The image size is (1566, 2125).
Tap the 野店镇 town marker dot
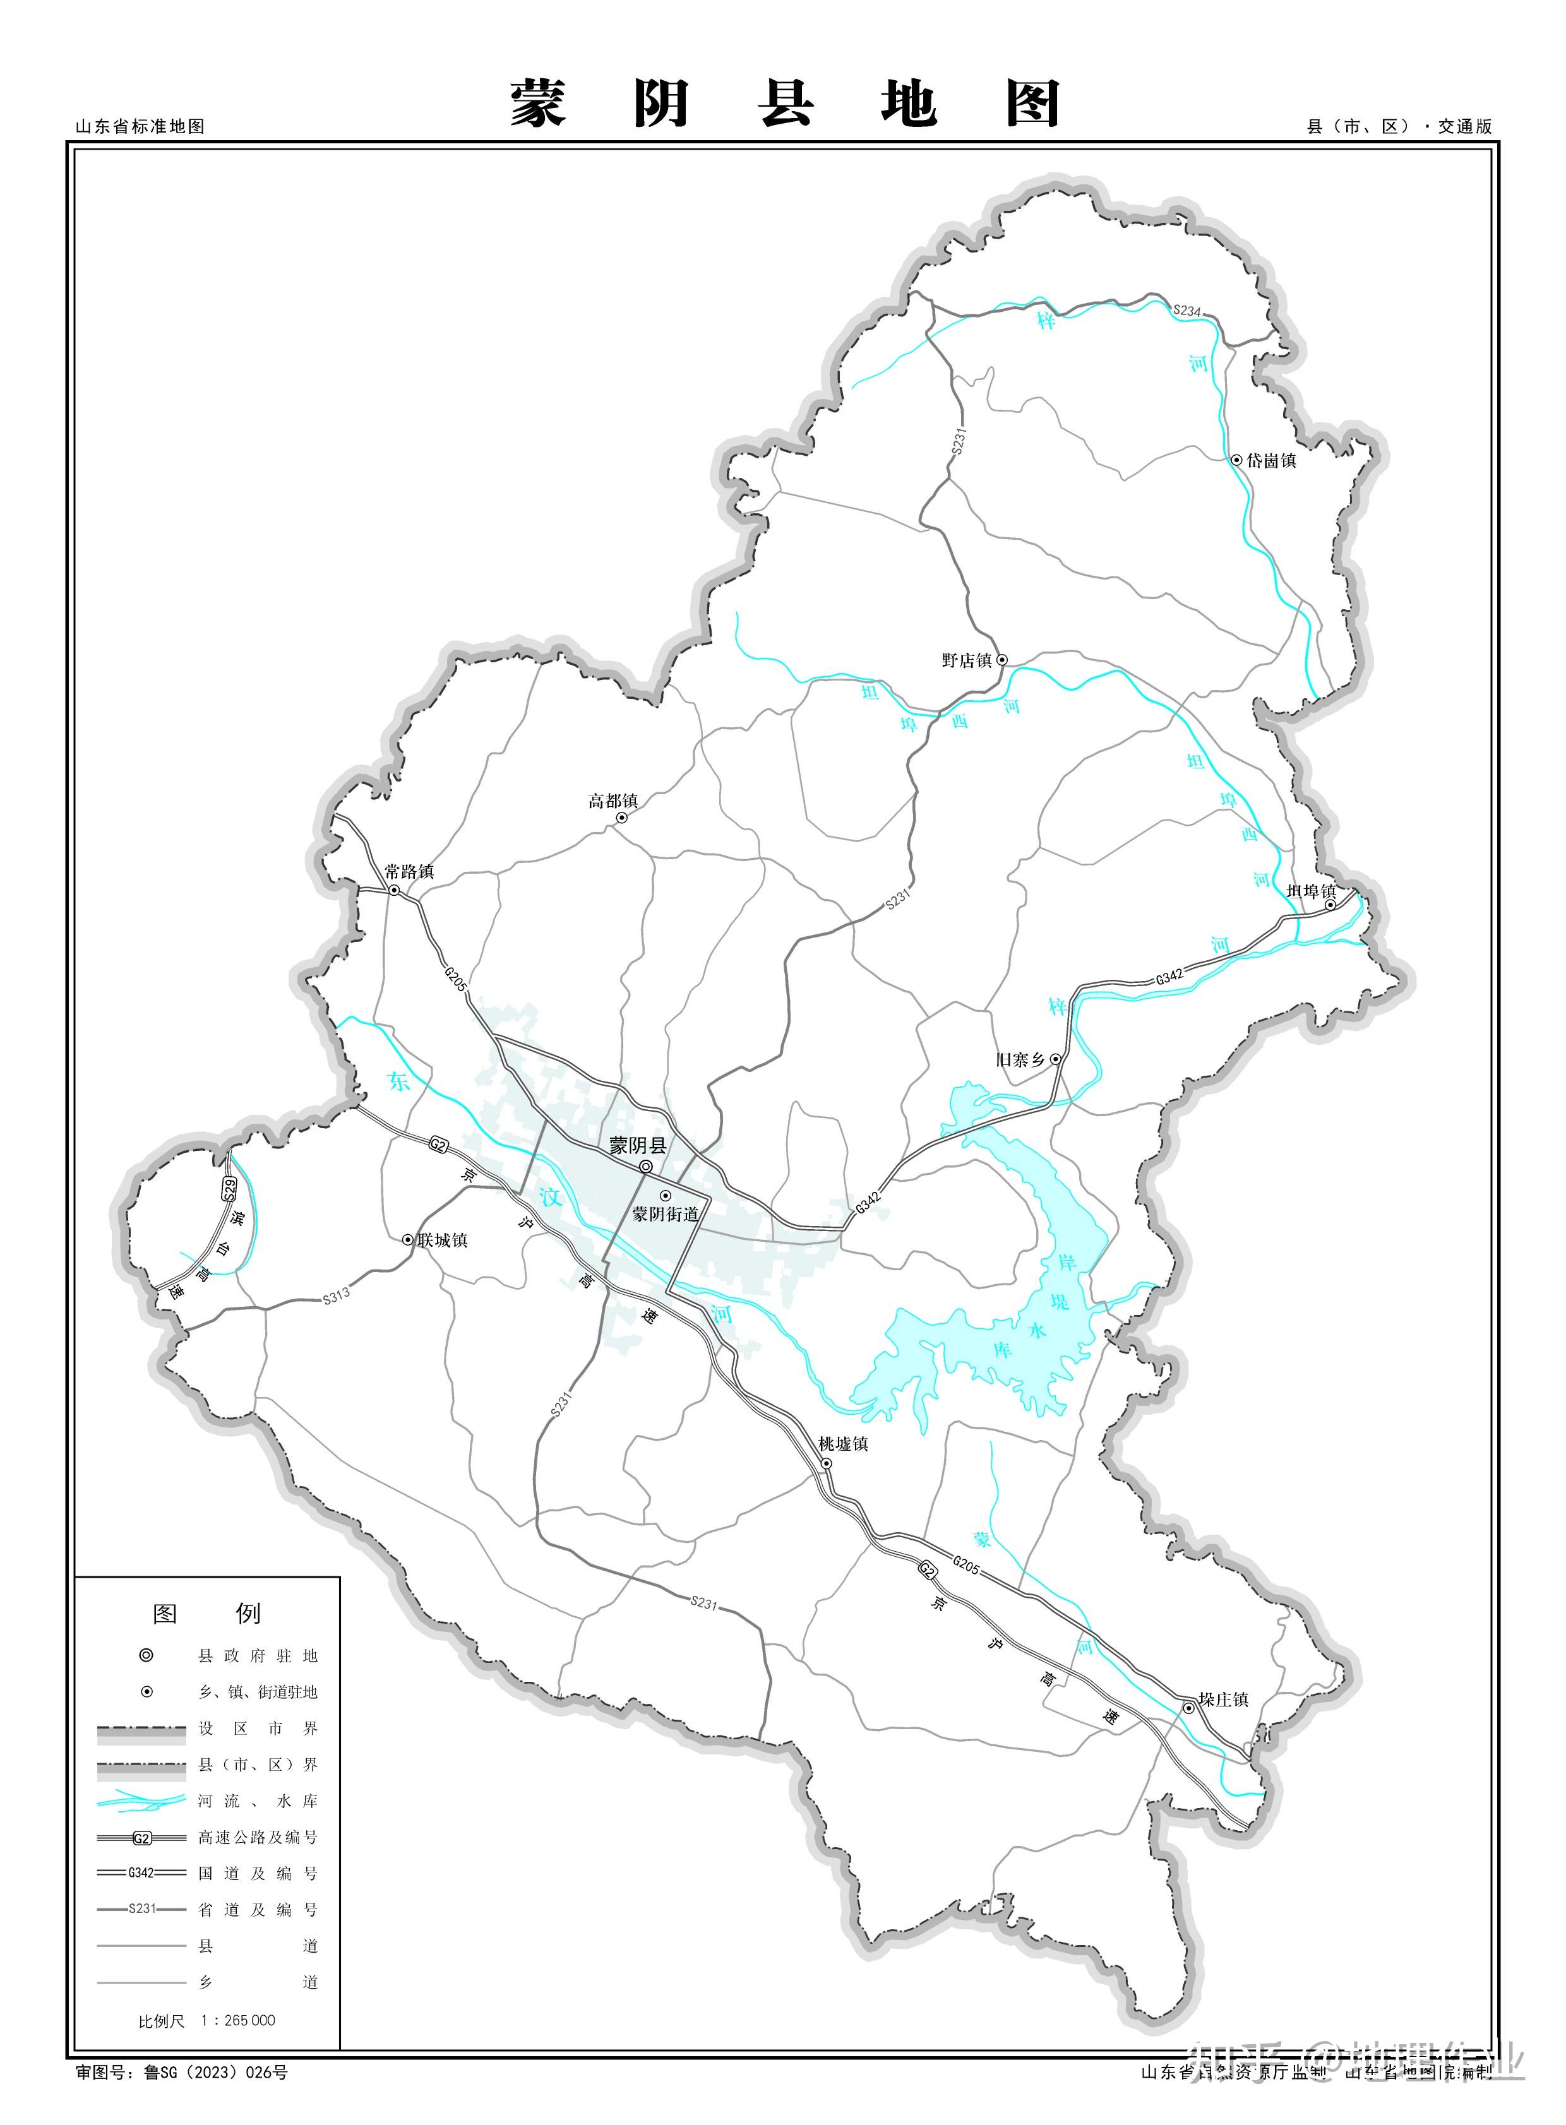pos(1002,660)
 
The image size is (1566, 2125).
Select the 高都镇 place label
pos(613,801)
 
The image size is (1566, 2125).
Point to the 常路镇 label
pos(410,871)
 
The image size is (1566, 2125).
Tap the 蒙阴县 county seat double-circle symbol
pos(645,1167)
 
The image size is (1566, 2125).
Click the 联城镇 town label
pos(443,1240)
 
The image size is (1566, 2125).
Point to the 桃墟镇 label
pos(844,1444)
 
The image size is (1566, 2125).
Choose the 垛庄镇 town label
pos(1224,1699)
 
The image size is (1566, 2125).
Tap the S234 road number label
pos(1187,311)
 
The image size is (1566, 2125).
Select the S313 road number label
pos(337,1295)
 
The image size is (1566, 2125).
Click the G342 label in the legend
pos(141,1873)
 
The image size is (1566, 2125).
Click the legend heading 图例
pos(206,1613)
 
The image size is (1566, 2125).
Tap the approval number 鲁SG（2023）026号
pos(215,2073)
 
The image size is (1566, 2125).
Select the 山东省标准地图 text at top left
pos(140,126)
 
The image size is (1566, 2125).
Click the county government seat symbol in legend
pos(146,1656)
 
